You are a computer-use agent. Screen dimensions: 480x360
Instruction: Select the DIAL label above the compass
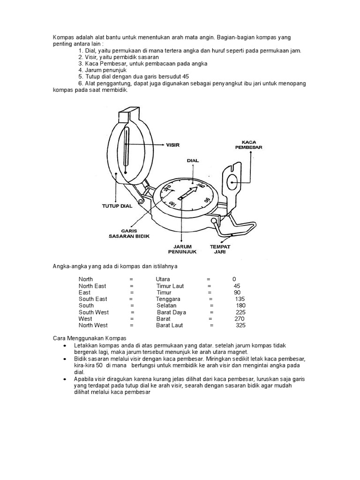pyautogui.click(x=193, y=160)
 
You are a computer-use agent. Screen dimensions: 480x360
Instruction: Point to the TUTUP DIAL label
pyautogui.click(x=117, y=205)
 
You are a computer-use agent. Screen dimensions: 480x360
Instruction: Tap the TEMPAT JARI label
pyautogui.click(x=220, y=248)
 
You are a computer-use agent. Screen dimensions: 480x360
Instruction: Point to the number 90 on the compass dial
pyautogui.click(x=207, y=201)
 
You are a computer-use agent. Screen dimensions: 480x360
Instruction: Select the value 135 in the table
pyautogui.click(x=240, y=299)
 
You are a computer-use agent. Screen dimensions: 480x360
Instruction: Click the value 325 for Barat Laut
pyautogui.click(x=240, y=325)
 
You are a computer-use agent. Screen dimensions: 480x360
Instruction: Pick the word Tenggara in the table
pyautogui.click(x=168, y=299)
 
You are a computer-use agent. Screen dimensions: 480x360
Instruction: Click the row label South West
pyautogui.click(x=94, y=312)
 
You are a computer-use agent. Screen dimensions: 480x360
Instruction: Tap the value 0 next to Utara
pyautogui.click(x=234, y=279)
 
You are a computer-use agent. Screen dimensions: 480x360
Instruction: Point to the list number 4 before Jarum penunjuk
pyautogui.click(x=81, y=70)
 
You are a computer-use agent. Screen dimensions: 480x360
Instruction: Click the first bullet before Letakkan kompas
pyautogui.click(x=64, y=345)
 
